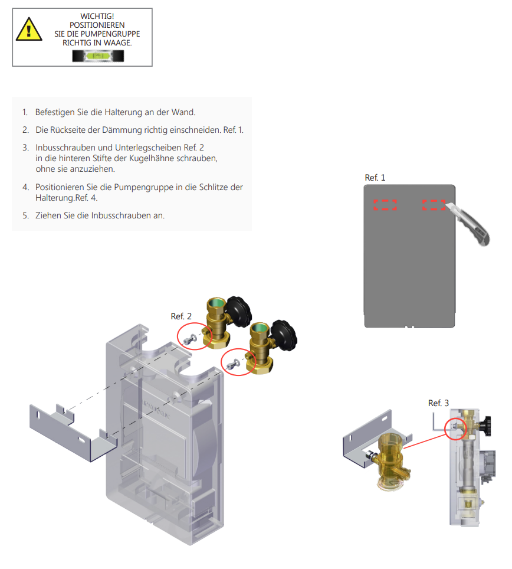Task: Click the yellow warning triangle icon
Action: (x=29, y=29)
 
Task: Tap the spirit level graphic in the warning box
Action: (x=99, y=57)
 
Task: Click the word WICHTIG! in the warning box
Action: (x=97, y=16)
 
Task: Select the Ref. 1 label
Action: (x=375, y=177)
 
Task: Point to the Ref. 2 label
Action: (x=182, y=316)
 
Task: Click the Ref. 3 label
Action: (x=438, y=403)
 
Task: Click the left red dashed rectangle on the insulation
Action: (x=385, y=205)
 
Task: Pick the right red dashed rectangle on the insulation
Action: (x=434, y=205)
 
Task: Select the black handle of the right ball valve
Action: (x=283, y=333)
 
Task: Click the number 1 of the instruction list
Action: (x=25, y=112)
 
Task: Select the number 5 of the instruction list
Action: (x=25, y=215)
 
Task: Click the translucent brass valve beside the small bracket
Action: (x=390, y=460)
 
